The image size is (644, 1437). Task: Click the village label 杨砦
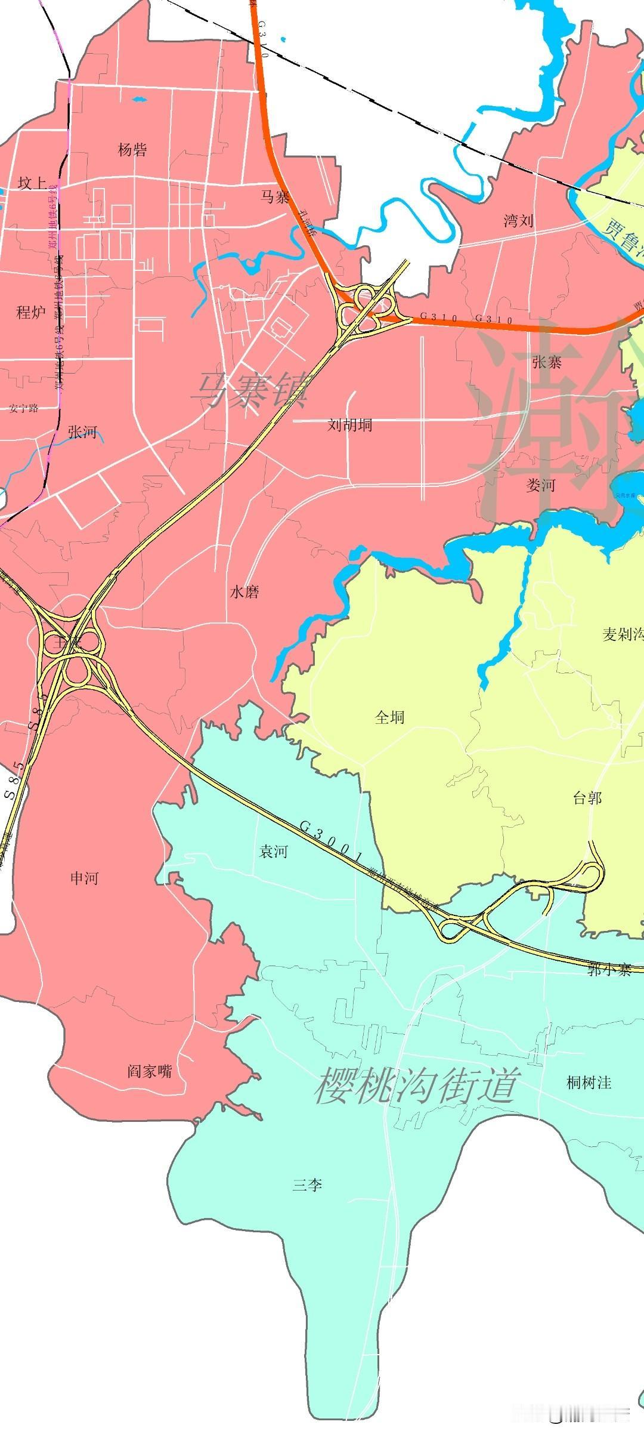[x=132, y=149]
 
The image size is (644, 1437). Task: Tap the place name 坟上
[x=32, y=183]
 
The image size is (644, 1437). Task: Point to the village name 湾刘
[x=518, y=221]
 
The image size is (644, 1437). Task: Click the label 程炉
[x=31, y=312]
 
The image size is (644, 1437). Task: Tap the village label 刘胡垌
[x=350, y=424]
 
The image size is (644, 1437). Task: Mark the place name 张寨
[x=547, y=362]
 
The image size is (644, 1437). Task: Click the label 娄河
[x=541, y=485]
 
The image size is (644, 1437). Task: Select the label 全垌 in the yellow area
[x=389, y=717]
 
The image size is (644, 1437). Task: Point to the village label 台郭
[x=587, y=798]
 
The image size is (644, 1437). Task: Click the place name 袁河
[x=273, y=852]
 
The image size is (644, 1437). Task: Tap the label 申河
[x=84, y=878]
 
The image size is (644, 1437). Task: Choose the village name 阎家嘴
[x=150, y=1071]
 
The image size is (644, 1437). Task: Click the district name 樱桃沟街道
[x=415, y=1085]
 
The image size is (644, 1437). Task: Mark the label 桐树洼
[x=589, y=1082]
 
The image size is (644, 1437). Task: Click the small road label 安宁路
[x=24, y=408]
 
